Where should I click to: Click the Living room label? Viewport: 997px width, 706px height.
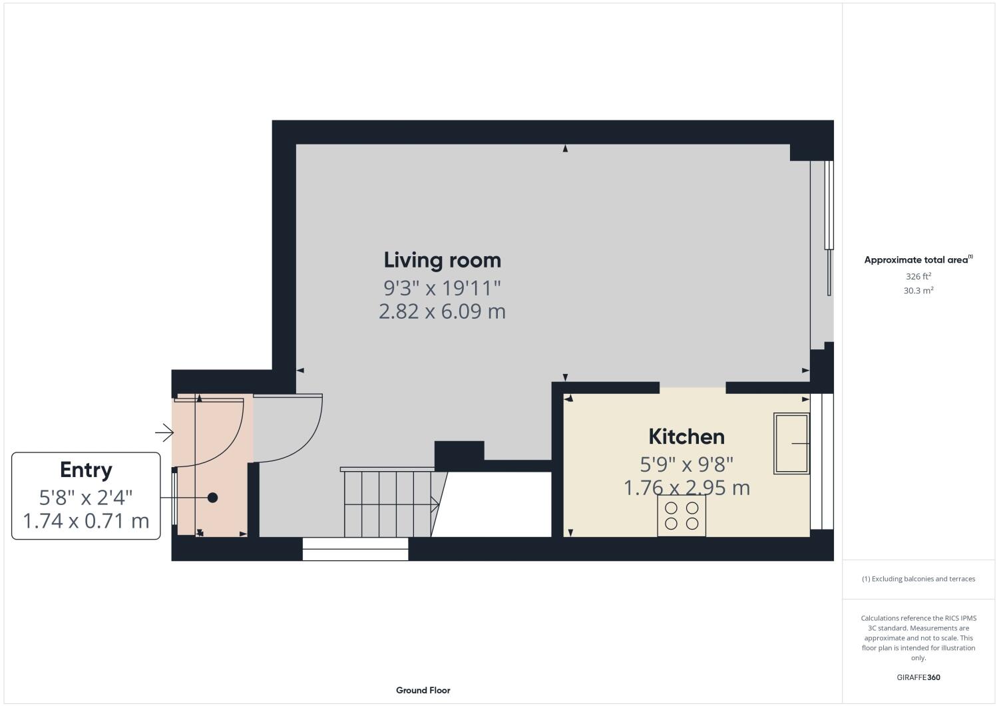pyautogui.click(x=442, y=260)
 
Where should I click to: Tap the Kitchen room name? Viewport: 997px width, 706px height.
pyautogui.click(x=686, y=437)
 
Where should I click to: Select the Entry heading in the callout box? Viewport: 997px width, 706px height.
pyautogui.click(x=86, y=470)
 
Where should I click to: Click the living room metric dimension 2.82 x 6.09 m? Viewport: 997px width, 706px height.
pyautogui.click(x=442, y=311)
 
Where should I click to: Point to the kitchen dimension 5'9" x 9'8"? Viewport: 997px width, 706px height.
pyautogui.click(x=686, y=463)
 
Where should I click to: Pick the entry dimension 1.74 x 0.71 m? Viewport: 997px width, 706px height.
pyautogui.click(x=86, y=520)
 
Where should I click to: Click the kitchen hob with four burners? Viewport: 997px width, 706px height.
pyautogui.click(x=682, y=516)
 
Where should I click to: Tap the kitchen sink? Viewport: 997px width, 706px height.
pyautogui.click(x=791, y=443)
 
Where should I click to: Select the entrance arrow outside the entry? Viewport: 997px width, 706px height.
pyautogui.click(x=164, y=434)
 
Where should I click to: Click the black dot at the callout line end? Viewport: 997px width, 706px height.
pyautogui.click(x=212, y=497)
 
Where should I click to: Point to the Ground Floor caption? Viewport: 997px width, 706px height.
pyautogui.click(x=423, y=690)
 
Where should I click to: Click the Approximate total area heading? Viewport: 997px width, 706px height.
pyautogui.click(x=917, y=260)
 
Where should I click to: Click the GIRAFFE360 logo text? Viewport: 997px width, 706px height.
pyautogui.click(x=918, y=677)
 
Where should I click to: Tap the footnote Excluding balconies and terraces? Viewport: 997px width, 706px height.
pyautogui.click(x=918, y=579)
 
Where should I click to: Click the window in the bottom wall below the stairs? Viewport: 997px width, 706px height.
pyautogui.click(x=355, y=549)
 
